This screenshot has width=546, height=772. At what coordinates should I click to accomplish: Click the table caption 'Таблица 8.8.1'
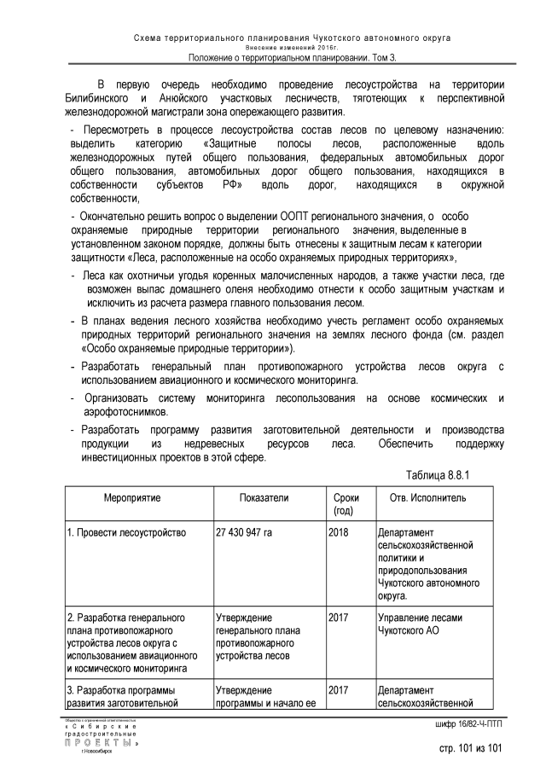441,473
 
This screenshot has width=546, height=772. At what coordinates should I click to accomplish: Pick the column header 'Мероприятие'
133,497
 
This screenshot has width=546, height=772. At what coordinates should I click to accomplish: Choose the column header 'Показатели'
264,497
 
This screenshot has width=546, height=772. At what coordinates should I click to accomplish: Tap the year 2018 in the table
340,532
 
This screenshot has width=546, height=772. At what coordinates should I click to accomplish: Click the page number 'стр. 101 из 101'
466,749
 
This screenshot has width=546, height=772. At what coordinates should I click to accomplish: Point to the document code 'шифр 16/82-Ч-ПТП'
464,725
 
